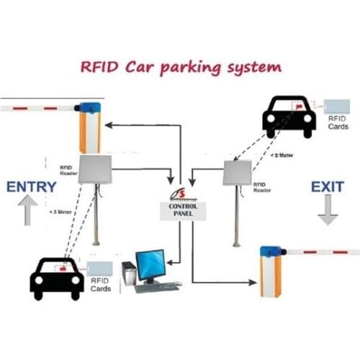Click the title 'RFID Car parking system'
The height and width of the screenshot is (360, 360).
click(179, 68)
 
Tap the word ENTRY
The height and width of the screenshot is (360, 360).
click(31, 187)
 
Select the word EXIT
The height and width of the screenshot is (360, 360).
click(328, 187)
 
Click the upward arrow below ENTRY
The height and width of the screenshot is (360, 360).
click(27, 211)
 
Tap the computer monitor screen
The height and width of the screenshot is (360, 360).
click(150, 264)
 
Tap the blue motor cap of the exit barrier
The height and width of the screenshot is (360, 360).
click(270, 251)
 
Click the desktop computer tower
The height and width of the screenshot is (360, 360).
click(129, 274)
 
